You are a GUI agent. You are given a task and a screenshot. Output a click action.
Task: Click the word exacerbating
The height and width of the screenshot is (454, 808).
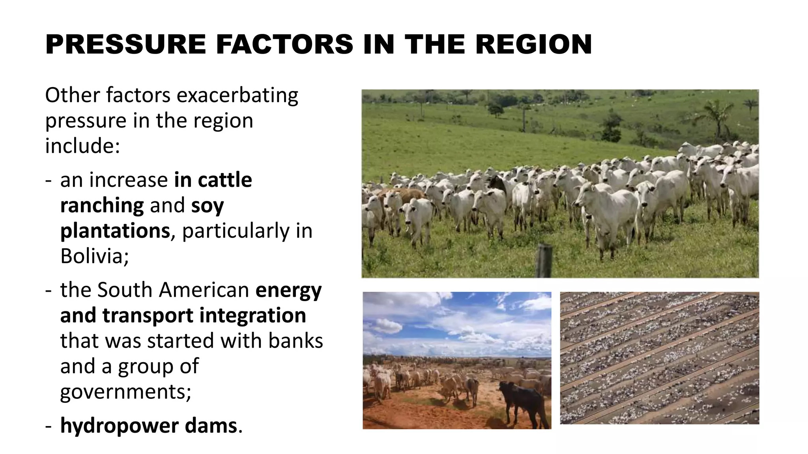coord(237,96)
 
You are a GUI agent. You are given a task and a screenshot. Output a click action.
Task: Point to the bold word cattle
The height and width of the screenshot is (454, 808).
coord(224,180)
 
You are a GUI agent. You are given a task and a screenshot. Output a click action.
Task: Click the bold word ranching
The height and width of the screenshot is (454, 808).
coord(102,206)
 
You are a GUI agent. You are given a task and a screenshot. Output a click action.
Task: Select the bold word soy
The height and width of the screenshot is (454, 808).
coord(208,206)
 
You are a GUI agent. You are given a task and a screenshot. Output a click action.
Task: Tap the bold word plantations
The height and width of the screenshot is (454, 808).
coord(115,231)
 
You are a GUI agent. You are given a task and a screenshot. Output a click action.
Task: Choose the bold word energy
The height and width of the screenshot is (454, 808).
coord(288,290)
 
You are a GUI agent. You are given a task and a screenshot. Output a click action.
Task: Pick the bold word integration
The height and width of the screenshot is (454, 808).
coord(252,316)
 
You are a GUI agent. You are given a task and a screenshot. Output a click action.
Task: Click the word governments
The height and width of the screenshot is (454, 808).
coord(125,391)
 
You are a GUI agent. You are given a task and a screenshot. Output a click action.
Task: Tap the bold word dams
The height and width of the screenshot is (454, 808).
coord(211,426)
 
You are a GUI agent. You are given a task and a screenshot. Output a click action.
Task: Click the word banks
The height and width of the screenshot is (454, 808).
coord(296,341)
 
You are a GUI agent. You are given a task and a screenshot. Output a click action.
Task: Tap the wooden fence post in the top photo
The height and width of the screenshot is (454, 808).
coord(544,260)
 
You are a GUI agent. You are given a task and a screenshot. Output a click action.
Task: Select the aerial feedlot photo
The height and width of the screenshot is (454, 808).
coord(659,358)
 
